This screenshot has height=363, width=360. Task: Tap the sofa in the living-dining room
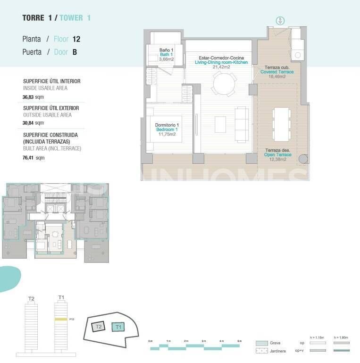(242, 125)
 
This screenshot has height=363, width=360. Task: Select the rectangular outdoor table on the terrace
(282, 124)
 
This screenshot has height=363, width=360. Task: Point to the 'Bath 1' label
(166, 55)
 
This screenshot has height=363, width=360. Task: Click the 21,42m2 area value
(221, 67)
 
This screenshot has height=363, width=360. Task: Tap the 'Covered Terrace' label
(277, 72)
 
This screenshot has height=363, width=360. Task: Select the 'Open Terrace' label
(277, 155)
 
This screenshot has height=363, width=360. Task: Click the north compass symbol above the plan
(280, 20)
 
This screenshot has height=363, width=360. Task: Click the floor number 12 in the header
(76, 39)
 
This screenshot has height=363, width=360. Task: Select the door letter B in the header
(75, 52)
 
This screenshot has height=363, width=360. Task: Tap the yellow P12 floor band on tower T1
(60, 320)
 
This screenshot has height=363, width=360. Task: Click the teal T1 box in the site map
(118, 327)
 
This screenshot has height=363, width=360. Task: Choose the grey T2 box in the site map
(98, 327)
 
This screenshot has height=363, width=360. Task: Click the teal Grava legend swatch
(262, 343)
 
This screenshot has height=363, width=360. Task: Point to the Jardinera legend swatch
(262, 351)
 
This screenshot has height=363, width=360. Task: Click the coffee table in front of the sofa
(220, 124)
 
